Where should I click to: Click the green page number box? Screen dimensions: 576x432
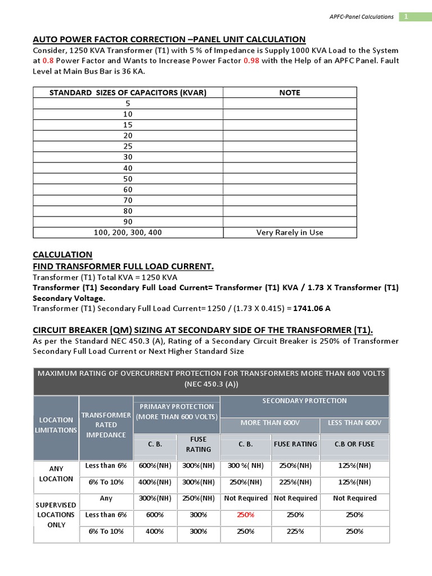[407, 17]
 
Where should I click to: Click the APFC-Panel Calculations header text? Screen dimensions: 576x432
[361, 17]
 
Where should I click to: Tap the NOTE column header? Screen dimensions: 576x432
[290, 92]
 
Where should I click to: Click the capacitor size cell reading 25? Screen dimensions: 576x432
[128, 146]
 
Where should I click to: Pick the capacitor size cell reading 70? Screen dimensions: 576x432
[128, 200]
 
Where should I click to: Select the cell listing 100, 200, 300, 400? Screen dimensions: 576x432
[128, 232]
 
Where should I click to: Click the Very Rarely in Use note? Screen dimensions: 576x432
[290, 232]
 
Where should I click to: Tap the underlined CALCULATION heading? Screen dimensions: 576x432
[62, 255]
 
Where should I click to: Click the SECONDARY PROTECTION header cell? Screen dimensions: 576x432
[304, 400]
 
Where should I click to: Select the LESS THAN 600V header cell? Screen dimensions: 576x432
[354, 422]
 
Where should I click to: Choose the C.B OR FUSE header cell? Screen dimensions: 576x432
[354, 444]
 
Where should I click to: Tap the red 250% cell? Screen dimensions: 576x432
[245, 515]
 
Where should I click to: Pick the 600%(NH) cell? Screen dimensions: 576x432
[155, 465]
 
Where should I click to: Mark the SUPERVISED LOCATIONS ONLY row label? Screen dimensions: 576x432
[56, 515]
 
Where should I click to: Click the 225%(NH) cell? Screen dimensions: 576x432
[295, 482]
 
